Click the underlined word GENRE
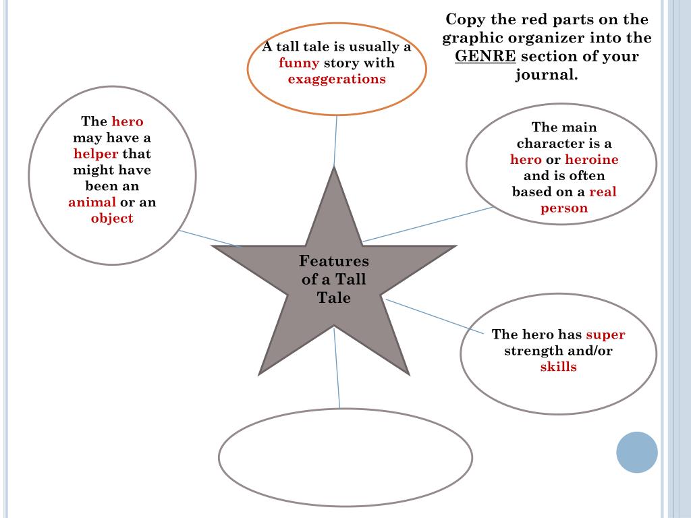[x=485, y=56]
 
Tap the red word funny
[x=299, y=63]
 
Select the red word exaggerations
[x=337, y=79]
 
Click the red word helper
[x=96, y=154]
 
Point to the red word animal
[x=92, y=202]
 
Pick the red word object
[x=112, y=219]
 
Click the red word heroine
[x=591, y=160]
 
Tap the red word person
[x=563, y=208]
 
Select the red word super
[x=605, y=335]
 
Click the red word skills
[x=558, y=367]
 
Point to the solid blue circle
[x=636, y=452]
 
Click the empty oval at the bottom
[x=345, y=457]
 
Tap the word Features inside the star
[x=334, y=261]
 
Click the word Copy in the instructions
[x=465, y=19]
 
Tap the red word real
[x=603, y=192]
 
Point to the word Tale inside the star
[x=334, y=297]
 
